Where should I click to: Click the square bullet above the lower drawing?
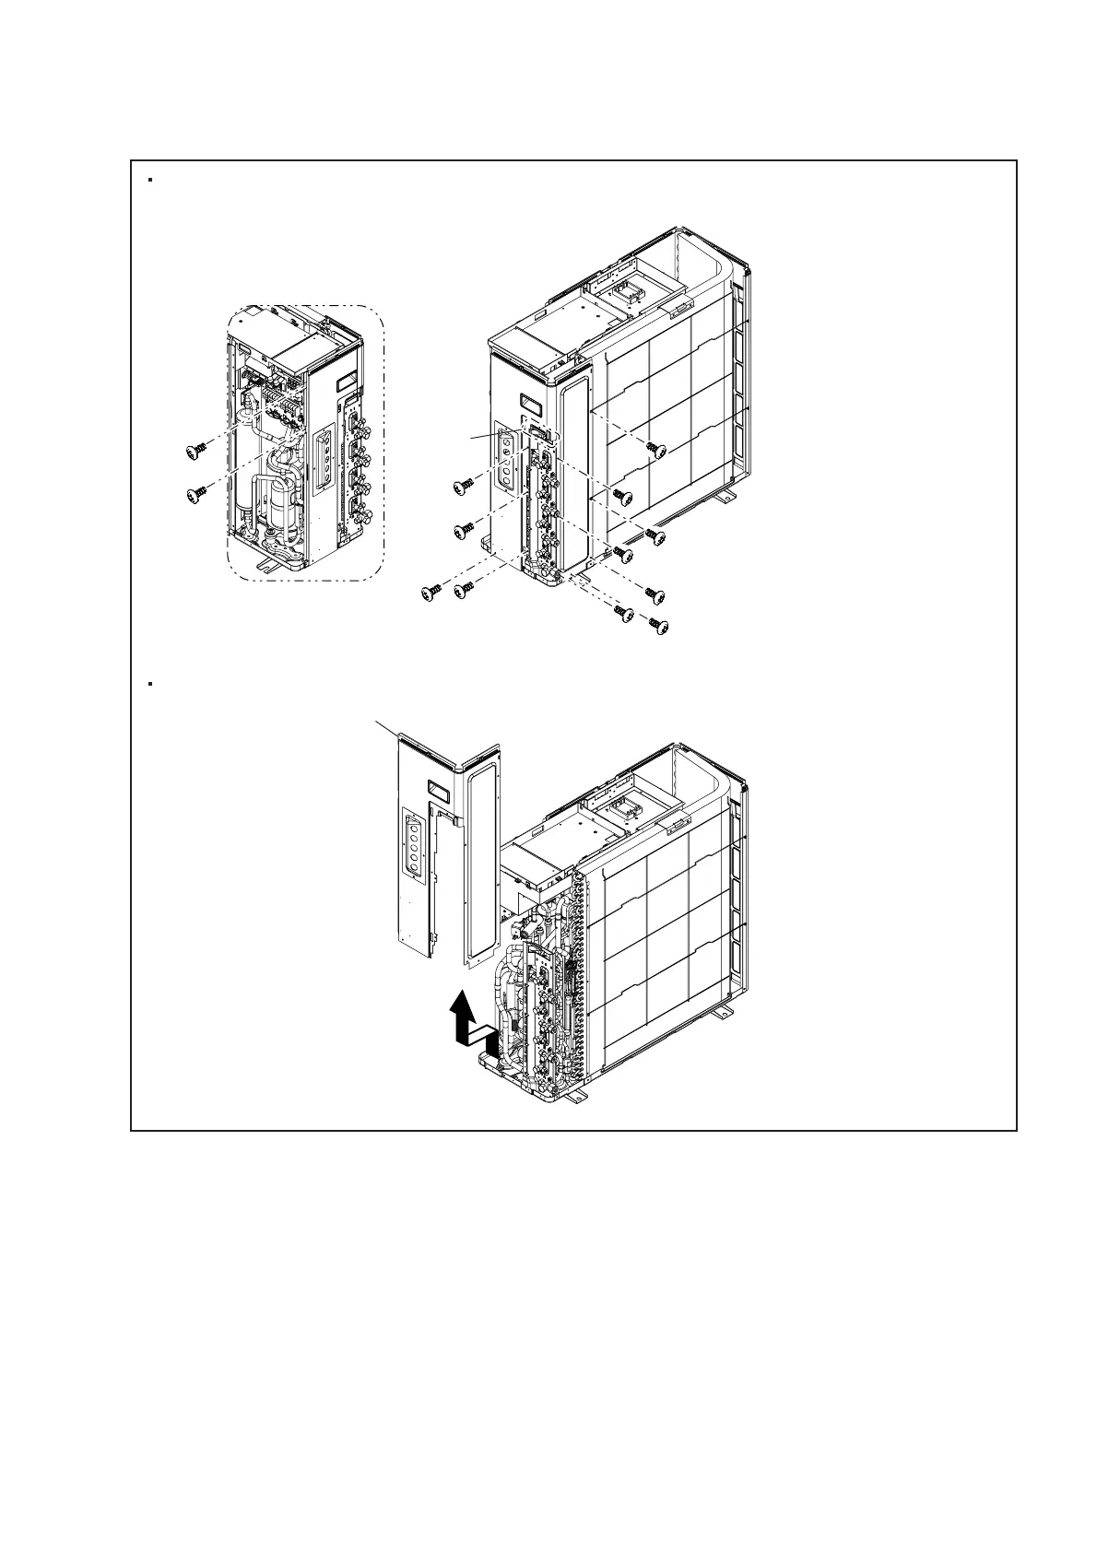point(149,684)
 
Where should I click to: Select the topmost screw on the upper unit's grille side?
point(655,449)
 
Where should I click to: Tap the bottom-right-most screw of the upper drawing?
point(657,626)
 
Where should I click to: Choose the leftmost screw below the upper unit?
point(431,593)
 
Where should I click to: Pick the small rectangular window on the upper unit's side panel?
point(530,403)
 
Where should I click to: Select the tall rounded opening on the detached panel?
point(479,866)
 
